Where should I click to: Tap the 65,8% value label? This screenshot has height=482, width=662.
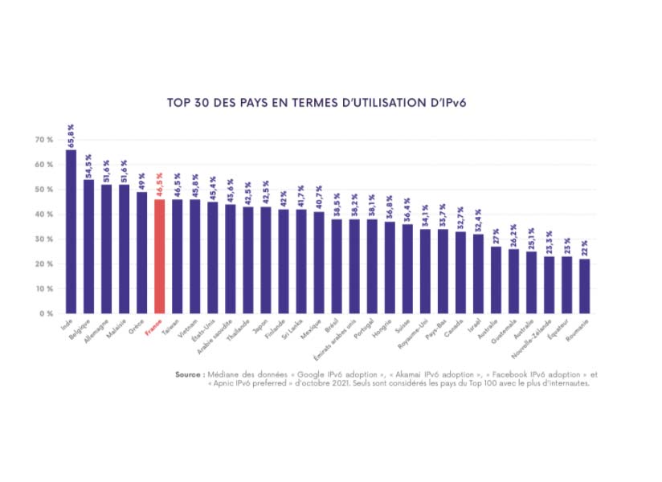[x=71, y=134]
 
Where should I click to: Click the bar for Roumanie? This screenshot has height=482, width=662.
[x=584, y=286]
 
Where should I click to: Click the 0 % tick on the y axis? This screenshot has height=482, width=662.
[x=46, y=313]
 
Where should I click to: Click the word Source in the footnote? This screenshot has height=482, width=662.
[x=189, y=374]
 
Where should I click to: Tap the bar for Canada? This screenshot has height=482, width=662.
[x=460, y=272]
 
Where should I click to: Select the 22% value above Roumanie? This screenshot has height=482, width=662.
[x=584, y=247]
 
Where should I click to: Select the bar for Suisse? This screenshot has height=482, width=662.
[x=407, y=268]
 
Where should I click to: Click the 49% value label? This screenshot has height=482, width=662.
[x=141, y=180]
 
